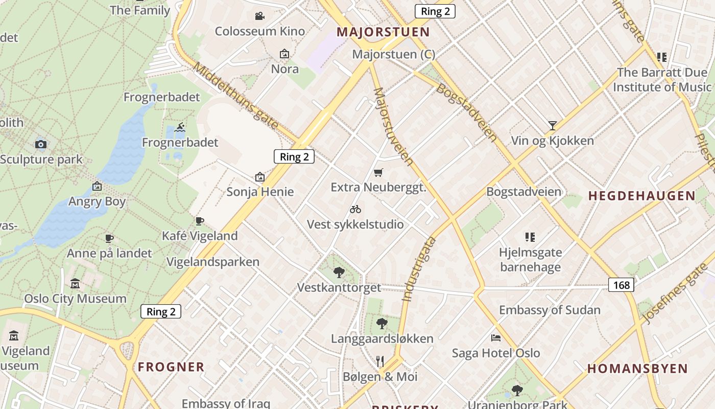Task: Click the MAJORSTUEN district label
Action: [383, 32]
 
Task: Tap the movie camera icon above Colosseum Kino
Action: [259, 16]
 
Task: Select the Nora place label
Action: [284, 69]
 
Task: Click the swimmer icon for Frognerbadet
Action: [180, 127]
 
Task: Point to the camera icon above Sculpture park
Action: [41, 144]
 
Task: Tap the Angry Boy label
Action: [97, 201]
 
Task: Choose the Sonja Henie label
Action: [260, 192]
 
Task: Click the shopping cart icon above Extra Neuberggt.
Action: [378, 173]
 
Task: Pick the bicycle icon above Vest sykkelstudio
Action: [355, 209]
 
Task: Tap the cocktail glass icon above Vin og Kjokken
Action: [552, 125]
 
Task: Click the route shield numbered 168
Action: [621, 285]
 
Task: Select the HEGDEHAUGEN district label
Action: [641, 196]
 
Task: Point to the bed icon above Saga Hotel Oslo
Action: [495, 338]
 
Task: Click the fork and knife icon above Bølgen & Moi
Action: [380, 361]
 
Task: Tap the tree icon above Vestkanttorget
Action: [339, 272]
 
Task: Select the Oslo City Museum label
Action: [76, 299]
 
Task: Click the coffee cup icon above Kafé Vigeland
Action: [200, 221]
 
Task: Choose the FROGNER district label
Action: [171, 367]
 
